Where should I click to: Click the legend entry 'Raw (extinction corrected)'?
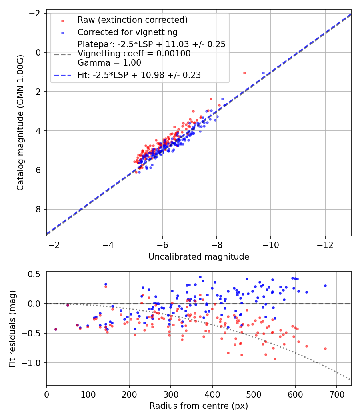(x=132, y=20)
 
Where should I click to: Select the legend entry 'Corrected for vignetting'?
(x=128, y=32)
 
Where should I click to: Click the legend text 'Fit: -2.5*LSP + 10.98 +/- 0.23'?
(x=139, y=75)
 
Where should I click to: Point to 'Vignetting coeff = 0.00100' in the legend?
(x=134, y=54)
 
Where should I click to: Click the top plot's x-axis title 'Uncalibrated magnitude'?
(x=199, y=257)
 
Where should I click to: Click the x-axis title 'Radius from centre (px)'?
(x=199, y=406)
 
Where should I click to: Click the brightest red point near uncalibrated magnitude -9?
(x=244, y=73)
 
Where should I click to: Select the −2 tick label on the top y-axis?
(x=36, y=13)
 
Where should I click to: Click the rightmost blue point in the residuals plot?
(x=325, y=286)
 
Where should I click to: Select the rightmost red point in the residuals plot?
(x=325, y=348)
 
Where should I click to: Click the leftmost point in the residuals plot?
(x=56, y=329)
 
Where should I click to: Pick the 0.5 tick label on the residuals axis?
(x=36, y=274)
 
